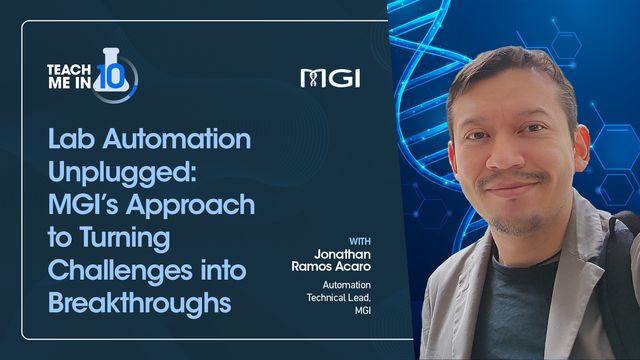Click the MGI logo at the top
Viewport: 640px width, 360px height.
click(329, 77)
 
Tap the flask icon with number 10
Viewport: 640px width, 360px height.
click(116, 73)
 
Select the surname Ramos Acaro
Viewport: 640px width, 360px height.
click(334, 272)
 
